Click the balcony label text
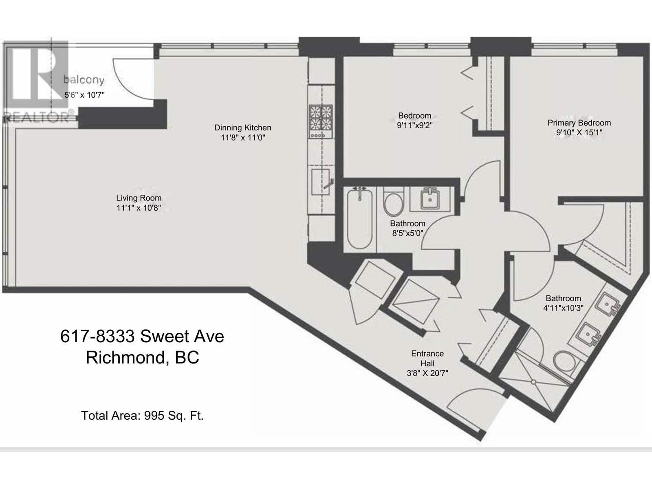[x=84, y=80]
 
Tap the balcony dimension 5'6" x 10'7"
[x=85, y=95]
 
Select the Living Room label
[x=139, y=198]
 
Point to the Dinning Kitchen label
[x=243, y=128]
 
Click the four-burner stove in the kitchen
[x=321, y=121]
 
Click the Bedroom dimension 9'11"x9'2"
[x=415, y=125]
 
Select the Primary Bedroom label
[x=579, y=123]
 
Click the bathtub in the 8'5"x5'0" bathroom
[x=360, y=219]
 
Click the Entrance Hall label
[x=427, y=358]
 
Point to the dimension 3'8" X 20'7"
[x=427, y=373]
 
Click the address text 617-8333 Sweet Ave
[x=142, y=337]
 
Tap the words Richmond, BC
[x=142, y=357]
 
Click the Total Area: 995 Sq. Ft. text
[x=142, y=415]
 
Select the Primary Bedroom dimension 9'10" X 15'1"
[x=579, y=132]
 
